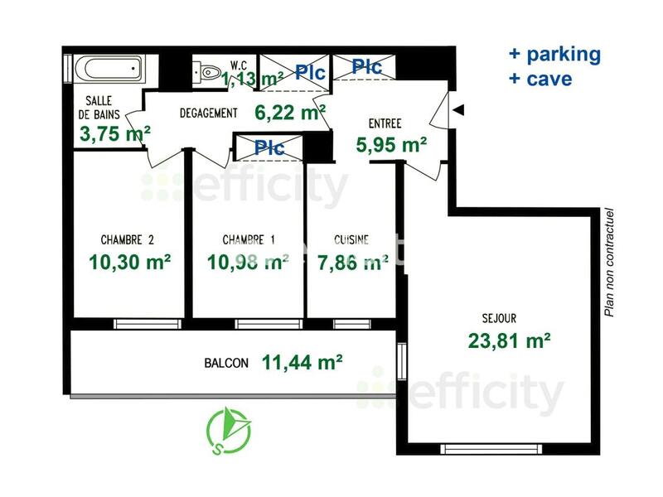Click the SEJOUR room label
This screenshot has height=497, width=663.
[x=499, y=317]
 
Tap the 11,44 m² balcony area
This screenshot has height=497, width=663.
[x=302, y=361]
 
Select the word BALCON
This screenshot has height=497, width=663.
[x=225, y=363]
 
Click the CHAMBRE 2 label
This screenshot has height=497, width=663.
[x=128, y=240]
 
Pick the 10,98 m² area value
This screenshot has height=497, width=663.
[x=247, y=263]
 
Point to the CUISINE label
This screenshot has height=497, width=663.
[x=351, y=240]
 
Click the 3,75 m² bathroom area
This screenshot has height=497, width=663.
[x=114, y=133]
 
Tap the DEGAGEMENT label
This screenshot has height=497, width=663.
[x=209, y=113]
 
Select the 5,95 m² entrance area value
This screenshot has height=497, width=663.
[x=391, y=144]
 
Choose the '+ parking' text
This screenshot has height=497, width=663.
[x=554, y=55]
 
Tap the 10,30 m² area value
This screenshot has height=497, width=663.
[x=129, y=263]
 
